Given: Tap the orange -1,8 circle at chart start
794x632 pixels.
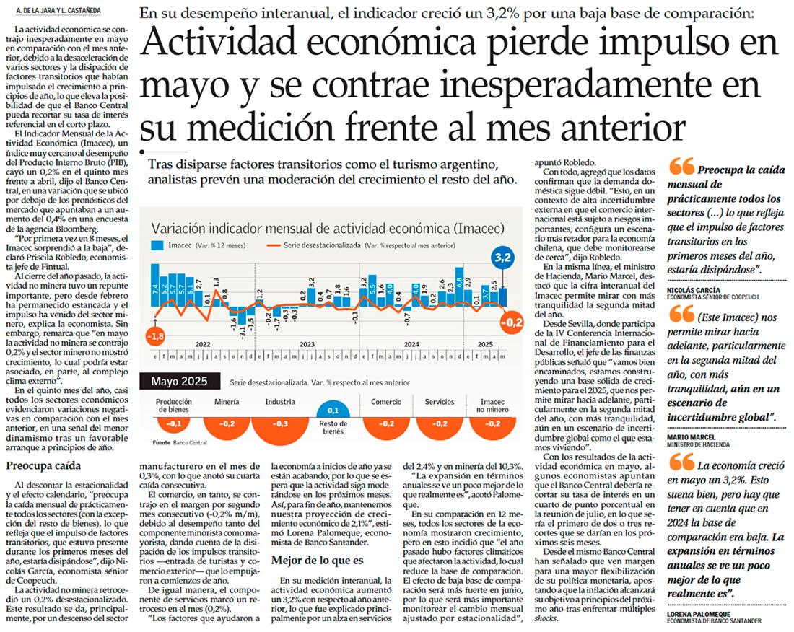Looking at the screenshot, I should tap(155, 336).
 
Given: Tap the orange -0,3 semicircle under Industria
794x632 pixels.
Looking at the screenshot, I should tap(279, 427).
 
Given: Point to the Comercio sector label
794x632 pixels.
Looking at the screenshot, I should tap(386, 402).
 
